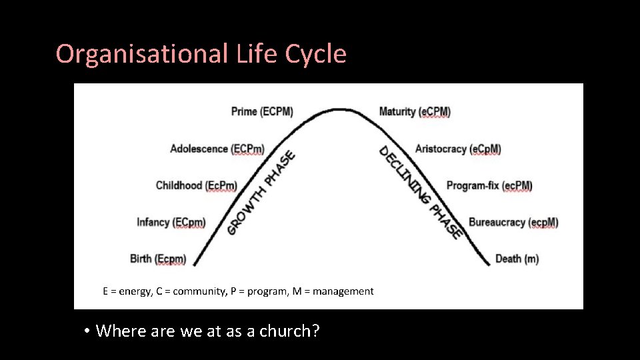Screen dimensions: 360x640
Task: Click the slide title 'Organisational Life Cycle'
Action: click(201, 54)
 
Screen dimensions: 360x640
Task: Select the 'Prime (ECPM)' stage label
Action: click(262, 111)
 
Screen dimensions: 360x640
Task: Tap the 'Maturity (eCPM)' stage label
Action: click(415, 111)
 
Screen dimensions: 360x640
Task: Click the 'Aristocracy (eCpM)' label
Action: click(458, 149)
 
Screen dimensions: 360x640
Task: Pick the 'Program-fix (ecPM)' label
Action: click(489, 185)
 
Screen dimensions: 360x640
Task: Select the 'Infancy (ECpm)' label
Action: click(171, 222)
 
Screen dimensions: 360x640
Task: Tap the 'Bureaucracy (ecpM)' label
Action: click(513, 222)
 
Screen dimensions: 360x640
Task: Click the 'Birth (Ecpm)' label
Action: click(158, 259)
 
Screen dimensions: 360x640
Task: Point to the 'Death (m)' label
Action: click(517, 259)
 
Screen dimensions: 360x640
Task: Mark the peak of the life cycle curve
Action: click(341, 109)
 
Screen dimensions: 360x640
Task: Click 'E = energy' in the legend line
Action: click(127, 291)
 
